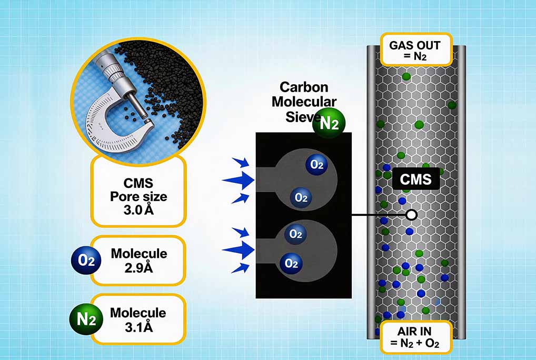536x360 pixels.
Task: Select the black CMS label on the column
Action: (x=416, y=180)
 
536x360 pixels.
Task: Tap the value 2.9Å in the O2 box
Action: (x=139, y=267)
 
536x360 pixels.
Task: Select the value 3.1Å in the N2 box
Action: (x=138, y=327)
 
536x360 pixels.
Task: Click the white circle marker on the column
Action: (x=412, y=215)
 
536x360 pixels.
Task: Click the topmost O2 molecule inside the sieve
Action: (x=316, y=165)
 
